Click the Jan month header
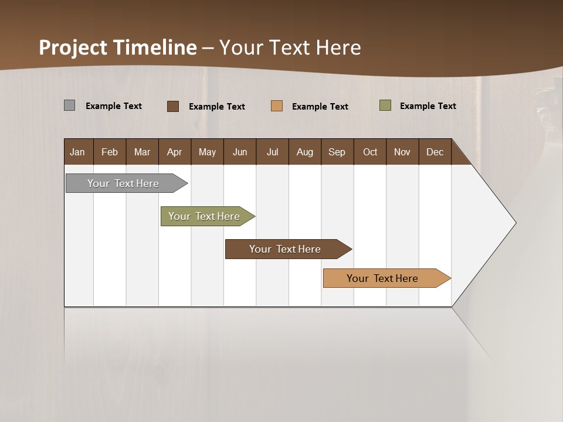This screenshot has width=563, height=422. pyautogui.click(x=78, y=152)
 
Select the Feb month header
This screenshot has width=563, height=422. pyautogui.click(x=110, y=152)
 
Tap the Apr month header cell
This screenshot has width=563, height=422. pyautogui.click(x=175, y=152)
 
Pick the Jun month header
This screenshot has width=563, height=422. pyautogui.click(x=240, y=152)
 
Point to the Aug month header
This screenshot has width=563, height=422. pyautogui.click(x=305, y=152)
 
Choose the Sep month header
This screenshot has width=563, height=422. pyautogui.click(x=337, y=152)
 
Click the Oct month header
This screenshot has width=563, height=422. pyautogui.click(x=370, y=152)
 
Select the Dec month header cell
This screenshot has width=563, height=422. pyautogui.click(x=435, y=152)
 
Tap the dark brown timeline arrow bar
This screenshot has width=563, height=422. pyautogui.click(x=286, y=249)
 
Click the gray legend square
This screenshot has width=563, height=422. pyautogui.click(x=69, y=105)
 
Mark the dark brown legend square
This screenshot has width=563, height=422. pyautogui.click(x=173, y=106)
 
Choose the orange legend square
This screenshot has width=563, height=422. pyautogui.click(x=277, y=106)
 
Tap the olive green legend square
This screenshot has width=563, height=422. pyautogui.click(x=385, y=105)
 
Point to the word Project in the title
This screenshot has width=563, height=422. pyautogui.click(x=73, y=47)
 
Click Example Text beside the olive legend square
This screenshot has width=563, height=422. pyautogui.click(x=428, y=106)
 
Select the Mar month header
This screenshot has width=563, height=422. pyautogui.click(x=142, y=152)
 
